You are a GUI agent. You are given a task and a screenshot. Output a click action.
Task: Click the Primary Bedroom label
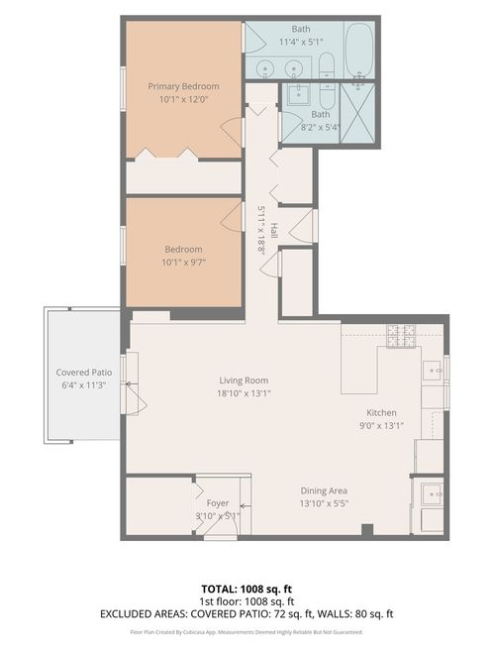(x=183, y=86)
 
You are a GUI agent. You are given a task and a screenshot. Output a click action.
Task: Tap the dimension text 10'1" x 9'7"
(x=183, y=263)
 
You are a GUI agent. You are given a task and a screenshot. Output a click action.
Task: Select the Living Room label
(x=244, y=379)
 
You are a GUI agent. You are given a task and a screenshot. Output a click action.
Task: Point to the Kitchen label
(x=381, y=412)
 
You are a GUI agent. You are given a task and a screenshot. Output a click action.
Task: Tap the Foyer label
(x=218, y=503)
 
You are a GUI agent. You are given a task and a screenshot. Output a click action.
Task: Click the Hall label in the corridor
(x=273, y=230)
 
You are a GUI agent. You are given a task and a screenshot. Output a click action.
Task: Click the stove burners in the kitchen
(x=401, y=337)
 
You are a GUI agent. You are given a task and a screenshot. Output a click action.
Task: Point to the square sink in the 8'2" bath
(x=298, y=97)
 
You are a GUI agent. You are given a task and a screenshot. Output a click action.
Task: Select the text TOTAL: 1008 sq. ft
(x=247, y=588)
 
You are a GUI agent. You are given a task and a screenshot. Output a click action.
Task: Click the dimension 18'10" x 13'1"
(x=244, y=392)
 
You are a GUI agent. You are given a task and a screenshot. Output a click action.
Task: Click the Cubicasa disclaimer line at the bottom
(x=247, y=631)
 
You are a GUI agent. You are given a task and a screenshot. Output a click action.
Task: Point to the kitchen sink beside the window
(x=433, y=370)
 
